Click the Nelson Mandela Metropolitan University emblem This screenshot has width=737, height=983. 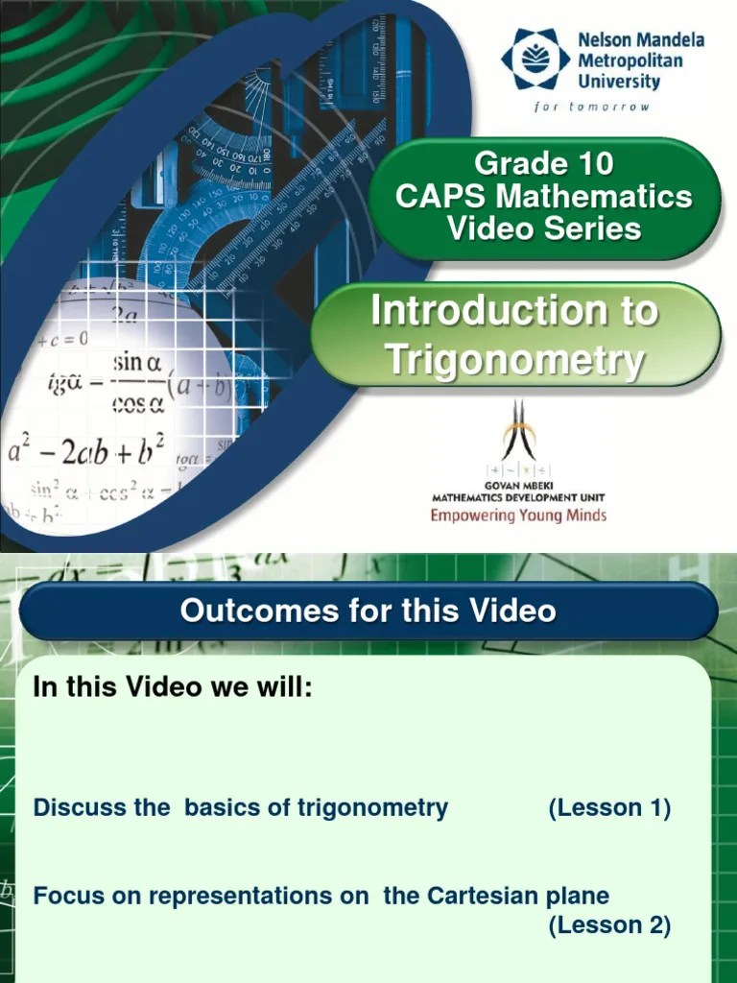[x=535, y=60]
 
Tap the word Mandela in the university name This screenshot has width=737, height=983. [x=664, y=40]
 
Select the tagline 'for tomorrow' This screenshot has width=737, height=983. [x=591, y=107]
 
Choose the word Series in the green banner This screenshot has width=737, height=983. [x=594, y=228]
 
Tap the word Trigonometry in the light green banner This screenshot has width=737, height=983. [x=514, y=360]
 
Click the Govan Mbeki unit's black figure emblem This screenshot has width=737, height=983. [x=519, y=432]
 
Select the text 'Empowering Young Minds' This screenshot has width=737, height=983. [x=518, y=515]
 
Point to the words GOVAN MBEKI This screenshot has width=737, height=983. [x=518, y=486]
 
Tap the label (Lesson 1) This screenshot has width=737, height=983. [x=609, y=808]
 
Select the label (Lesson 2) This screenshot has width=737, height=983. [x=609, y=925]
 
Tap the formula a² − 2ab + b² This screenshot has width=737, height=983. [x=86, y=449]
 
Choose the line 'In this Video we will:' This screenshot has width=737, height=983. [x=173, y=687]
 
